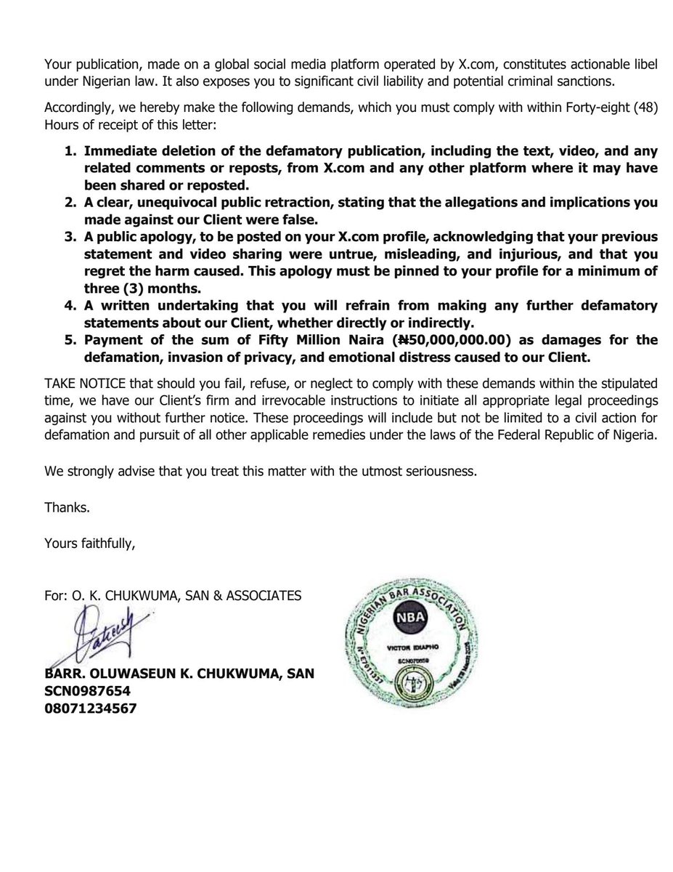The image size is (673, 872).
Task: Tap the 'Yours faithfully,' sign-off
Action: [x=89, y=542]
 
